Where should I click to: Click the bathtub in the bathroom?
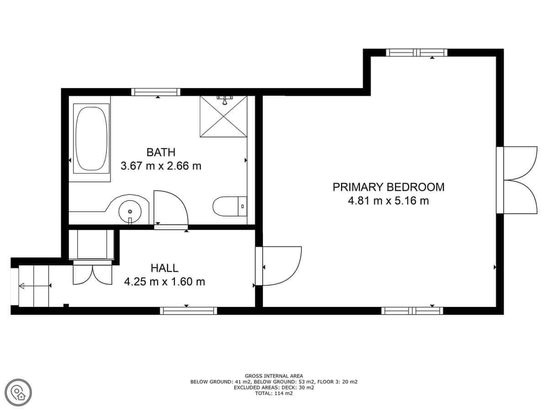click(91, 139)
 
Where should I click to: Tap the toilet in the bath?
click(230, 206)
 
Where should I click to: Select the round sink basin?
click(130, 211)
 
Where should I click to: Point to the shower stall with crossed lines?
click(223, 116)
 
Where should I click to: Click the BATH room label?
click(161, 153)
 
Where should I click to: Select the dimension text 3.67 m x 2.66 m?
click(161, 166)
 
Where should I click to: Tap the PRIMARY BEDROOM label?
click(389, 187)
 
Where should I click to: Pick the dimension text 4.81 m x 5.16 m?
click(389, 200)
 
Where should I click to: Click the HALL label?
click(164, 268)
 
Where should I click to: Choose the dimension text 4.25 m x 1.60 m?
click(164, 282)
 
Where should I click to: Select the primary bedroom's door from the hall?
click(279, 266)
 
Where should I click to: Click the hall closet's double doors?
click(92, 274)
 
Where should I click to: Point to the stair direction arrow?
click(34, 286)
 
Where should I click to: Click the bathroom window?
click(156, 92)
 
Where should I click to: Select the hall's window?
click(189, 311)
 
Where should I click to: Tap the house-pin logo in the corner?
click(18, 393)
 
